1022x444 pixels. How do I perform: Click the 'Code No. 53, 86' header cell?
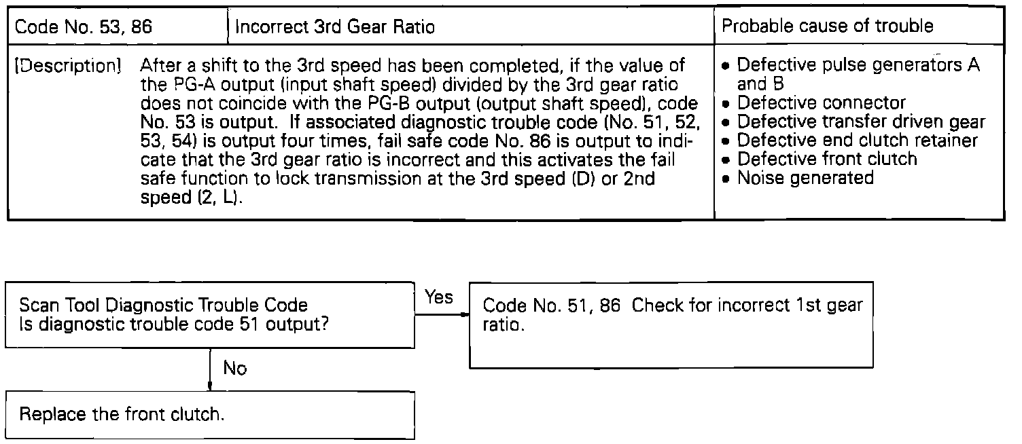tap(83, 28)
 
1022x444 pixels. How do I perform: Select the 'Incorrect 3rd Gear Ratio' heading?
tap(334, 28)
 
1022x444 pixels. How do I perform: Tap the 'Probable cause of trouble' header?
tap(827, 26)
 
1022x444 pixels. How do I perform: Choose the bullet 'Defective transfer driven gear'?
tap(860, 122)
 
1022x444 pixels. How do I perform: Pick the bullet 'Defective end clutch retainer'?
tap(857, 141)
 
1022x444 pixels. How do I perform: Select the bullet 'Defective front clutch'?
tap(826, 159)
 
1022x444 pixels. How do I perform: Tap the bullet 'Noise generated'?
tap(805, 178)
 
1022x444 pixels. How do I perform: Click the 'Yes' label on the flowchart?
tap(439, 297)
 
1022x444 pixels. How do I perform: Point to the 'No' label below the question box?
tap(235, 368)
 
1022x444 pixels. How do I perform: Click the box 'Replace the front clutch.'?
tap(210, 414)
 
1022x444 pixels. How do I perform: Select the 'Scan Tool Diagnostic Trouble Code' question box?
tap(210, 314)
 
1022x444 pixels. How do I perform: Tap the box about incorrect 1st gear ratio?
tap(671, 324)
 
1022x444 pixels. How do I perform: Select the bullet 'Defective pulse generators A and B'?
tap(858, 75)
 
